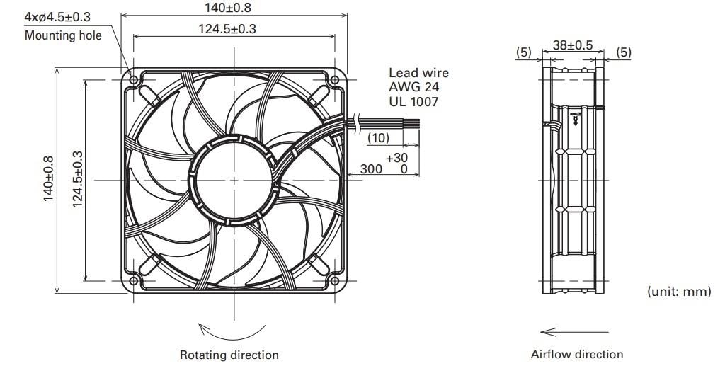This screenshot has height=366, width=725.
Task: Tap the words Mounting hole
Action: [x=63, y=35]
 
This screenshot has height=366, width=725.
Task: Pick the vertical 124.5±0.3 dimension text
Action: [x=77, y=178]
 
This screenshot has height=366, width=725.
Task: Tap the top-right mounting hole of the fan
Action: [x=334, y=79]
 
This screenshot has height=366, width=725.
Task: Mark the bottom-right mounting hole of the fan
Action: [x=334, y=280]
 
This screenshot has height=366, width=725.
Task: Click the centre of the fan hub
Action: [x=234, y=179]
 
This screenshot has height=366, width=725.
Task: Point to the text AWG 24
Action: [x=413, y=87]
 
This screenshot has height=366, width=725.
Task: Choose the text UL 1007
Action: [x=413, y=102]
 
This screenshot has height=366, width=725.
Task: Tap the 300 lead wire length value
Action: [x=371, y=169]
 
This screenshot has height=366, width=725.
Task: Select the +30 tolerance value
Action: [x=396, y=157]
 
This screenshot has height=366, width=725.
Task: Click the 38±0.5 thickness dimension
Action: [x=572, y=45]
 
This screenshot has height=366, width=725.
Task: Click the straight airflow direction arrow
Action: [x=573, y=331]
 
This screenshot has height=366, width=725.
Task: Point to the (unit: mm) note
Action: [x=678, y=291]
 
